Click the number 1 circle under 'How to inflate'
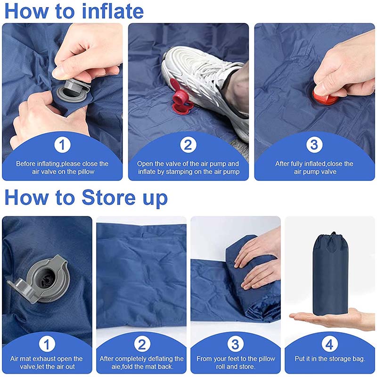click(x=62, y=145)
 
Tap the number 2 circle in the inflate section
click(x=188, y=145)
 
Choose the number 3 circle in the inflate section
click(x=314, y=145)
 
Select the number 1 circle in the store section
click(x=47, y=344)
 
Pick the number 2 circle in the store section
click(x=141, y=344)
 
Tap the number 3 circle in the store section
click(x=235, y=344)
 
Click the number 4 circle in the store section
click(x=329, y=344)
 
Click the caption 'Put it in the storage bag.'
click(x=330, y=359)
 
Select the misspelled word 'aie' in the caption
click(x=106, y=367)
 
